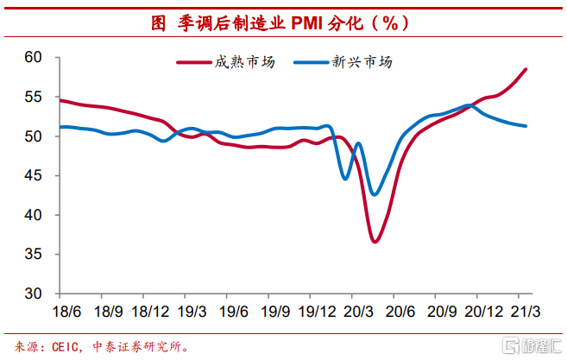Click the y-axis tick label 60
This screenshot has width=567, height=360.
[33, 58]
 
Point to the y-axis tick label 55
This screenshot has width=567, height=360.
[33, 98]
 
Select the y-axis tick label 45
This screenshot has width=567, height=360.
[33, 176]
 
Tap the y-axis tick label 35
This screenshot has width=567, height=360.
[33, 255]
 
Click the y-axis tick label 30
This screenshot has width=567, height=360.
[33, 294]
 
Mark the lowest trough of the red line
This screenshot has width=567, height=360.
[375, 241]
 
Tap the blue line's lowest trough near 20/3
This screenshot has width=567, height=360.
[374, 194]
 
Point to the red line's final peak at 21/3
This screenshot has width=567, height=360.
[526, 69]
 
